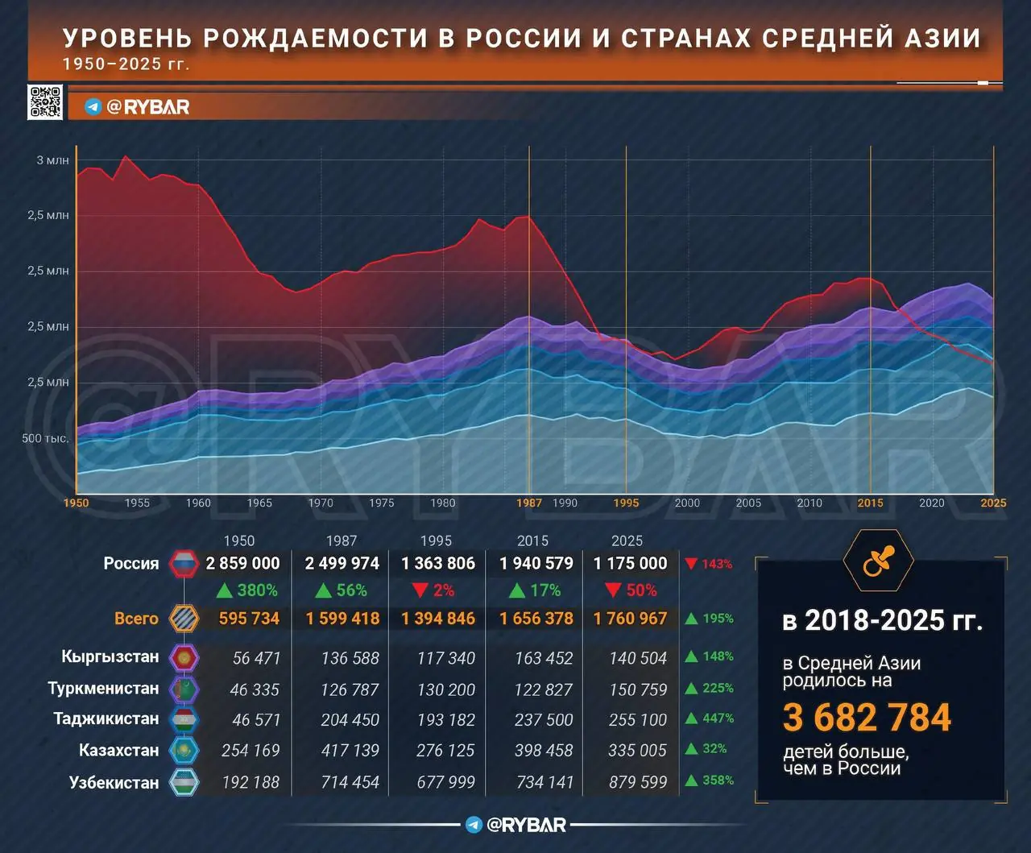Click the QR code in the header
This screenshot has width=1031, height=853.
45,102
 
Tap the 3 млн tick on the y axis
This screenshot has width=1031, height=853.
52,160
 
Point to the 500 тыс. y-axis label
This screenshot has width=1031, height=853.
45,438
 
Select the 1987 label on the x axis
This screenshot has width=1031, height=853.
529,503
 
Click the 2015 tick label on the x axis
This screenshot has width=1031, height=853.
870,503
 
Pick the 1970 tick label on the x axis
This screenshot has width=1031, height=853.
321,503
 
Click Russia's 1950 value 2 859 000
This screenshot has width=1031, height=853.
242,563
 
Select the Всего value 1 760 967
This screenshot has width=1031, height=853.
630,619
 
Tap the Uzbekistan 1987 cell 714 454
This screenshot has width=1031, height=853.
350,782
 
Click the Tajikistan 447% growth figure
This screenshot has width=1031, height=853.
718,718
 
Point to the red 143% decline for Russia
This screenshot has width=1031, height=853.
716,564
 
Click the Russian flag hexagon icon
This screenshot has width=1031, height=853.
184,564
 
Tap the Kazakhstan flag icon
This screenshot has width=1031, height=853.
184,751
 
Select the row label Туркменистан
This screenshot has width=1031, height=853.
103,689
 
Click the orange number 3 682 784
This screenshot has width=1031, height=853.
867,718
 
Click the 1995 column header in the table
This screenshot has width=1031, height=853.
436,541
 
